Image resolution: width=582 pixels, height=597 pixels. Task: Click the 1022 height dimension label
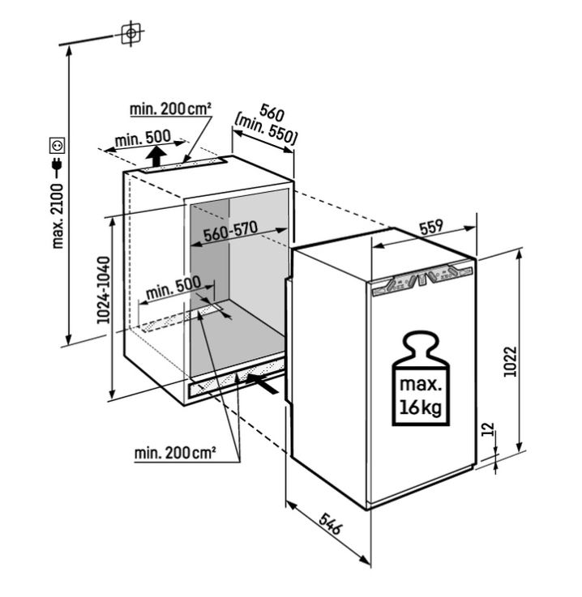pos(509,361)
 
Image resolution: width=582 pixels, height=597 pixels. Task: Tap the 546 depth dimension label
pos(331,523)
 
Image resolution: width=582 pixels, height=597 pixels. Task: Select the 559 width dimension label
pos(431,227)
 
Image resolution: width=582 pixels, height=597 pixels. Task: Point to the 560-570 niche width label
pos(230,231)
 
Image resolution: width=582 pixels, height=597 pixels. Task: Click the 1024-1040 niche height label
pos(103,290)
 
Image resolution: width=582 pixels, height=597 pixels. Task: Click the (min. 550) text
pos(265,130)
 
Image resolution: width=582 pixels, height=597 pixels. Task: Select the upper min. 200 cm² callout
pos(170,109)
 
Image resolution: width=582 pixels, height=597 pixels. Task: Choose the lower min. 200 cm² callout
pos(175,453)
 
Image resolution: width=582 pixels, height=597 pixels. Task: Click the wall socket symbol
pos(58,145)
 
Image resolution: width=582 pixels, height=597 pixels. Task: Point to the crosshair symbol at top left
pos(131,33)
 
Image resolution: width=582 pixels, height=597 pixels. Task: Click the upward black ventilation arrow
pos(157,156)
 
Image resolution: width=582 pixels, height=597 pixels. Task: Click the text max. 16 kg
pos(421,396)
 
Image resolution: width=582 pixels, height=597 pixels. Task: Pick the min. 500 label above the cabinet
pos(143,139)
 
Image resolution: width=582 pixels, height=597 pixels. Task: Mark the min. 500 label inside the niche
pos(173,288)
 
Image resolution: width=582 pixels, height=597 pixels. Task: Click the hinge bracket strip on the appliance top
pos(422,280)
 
